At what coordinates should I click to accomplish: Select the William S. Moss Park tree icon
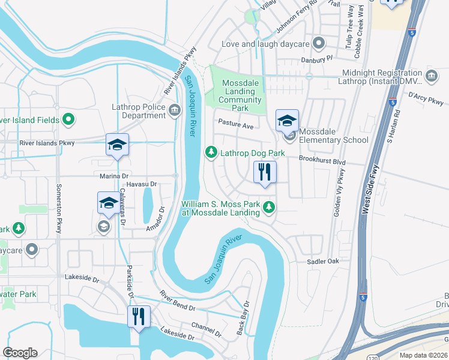270,208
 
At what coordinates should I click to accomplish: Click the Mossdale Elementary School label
333,136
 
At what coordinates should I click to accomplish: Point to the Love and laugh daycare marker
319,44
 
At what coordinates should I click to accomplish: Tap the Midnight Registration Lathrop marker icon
431,76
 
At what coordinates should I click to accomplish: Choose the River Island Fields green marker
68,120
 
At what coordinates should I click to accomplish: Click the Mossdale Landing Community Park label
242,95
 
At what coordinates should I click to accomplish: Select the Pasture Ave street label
235,126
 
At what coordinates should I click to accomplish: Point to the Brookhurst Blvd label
323,162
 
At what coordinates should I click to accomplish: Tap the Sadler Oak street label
323,262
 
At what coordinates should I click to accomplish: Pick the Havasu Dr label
142,184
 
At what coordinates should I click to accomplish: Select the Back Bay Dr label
243,318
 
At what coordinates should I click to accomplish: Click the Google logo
20,353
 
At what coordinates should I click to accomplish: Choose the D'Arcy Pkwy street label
424,98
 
